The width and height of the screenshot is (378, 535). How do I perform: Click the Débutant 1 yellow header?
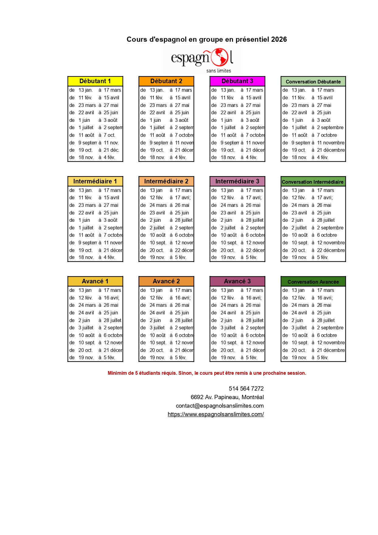[x=95, y=81]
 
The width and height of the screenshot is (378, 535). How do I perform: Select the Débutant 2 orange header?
[x=166, y=81]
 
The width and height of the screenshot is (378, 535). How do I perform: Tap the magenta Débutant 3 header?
[x=237, y=81]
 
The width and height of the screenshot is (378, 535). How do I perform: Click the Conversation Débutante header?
[x=313, y=82]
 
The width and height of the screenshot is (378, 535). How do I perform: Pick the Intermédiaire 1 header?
[x=95, y=181]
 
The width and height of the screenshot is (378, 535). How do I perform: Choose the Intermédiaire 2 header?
[x=166, y=181]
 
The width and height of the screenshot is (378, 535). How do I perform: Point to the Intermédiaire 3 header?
[x=237, y=181]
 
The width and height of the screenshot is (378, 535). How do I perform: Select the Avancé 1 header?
[x=95, y=281]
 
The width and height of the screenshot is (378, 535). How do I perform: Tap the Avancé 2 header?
[x=166, y=281]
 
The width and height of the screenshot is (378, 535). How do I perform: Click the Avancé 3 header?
[x=237, y=281]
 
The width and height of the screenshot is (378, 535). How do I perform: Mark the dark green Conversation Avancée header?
[x=313, y=282]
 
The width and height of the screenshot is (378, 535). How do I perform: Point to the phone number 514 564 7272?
[x=246, y=388]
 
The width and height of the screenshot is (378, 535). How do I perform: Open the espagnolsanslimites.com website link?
[x=215, y=414]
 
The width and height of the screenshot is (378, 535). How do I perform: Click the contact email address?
[x=220, y=406]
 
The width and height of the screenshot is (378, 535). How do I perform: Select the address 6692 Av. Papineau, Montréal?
[x=227, y=397]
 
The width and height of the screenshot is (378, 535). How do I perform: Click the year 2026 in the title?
[x=279, y=39]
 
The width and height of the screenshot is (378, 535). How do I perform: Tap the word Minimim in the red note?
[x=117, y=373]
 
